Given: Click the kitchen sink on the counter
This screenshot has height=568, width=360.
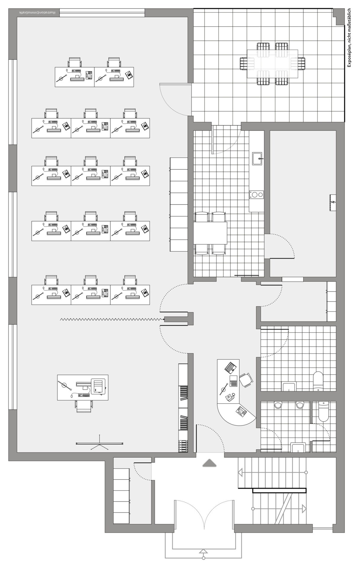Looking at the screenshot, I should [x=257, y=158].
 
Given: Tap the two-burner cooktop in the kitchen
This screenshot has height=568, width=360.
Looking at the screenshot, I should [x=256, y=195].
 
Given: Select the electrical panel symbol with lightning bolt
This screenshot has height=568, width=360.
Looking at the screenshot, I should [x=333, y=203].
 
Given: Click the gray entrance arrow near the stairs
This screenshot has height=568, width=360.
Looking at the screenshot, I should [x=209, y=463].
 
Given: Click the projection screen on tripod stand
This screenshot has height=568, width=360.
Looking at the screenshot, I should [x=99, y=443].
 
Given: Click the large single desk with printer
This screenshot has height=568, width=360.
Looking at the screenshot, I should [x=83, y=388].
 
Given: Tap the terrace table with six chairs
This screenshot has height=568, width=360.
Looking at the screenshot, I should [x=272, y=64].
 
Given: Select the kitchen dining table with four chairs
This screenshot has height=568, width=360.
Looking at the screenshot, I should [x=210, y=233].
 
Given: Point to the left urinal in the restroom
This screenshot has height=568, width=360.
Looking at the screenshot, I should [x=278, y=405].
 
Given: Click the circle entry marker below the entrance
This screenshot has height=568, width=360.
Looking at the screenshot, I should [x=204, y=558].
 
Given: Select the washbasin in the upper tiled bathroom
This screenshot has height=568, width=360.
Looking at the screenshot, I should [x=289, y=386].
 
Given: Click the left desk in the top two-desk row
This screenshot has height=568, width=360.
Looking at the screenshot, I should [x=75, y=77].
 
